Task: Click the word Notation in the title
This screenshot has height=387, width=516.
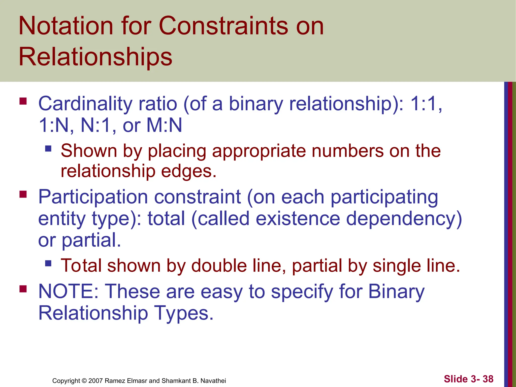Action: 66,26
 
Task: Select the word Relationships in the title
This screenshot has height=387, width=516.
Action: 95,57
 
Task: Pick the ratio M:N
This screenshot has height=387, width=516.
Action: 164,125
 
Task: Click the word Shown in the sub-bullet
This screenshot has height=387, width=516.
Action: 89,151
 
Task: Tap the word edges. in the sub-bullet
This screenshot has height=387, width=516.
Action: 189,171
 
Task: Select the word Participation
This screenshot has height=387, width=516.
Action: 93,197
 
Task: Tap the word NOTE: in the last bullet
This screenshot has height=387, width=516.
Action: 68,292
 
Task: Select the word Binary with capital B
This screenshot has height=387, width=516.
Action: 396,292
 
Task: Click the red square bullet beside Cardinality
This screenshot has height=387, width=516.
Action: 23,101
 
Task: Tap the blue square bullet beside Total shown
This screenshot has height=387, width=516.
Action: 48,263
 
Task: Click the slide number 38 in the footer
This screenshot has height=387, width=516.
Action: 488,379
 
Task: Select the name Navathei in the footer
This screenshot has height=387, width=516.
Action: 213,381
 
